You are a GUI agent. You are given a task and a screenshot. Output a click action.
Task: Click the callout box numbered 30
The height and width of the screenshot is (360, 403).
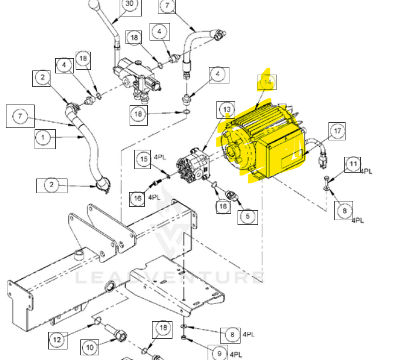(130, 4)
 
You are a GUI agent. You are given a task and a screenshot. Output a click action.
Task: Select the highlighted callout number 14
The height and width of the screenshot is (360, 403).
(267, 83)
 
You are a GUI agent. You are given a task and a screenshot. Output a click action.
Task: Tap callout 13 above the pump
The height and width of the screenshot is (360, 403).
(226, 109)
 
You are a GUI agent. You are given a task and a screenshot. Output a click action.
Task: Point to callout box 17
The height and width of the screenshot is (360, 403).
(337, 132)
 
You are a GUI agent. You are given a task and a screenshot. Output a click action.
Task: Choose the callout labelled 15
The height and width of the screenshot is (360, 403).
(144, 159)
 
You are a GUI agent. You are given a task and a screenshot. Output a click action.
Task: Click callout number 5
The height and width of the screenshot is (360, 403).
(248, 216)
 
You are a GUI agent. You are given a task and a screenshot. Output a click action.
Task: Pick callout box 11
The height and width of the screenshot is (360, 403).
(353, 164)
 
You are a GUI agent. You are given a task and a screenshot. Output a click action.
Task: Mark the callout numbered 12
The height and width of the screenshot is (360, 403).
(57, 339)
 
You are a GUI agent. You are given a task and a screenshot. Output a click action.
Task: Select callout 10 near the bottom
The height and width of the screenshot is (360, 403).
(90, 348)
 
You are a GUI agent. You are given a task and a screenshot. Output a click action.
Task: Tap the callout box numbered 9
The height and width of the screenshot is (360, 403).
(219, 354)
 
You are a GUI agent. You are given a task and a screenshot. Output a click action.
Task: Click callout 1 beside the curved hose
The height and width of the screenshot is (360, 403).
(43, 139)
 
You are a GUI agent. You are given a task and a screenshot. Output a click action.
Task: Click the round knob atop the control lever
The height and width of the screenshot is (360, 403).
(94, 5)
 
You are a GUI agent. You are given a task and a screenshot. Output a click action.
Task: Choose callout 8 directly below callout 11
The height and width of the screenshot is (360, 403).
(344, 210)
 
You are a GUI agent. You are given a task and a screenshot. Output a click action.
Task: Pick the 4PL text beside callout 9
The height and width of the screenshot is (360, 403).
(236, 355)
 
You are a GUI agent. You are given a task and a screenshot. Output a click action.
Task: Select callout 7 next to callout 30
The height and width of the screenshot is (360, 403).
(167, 6)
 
